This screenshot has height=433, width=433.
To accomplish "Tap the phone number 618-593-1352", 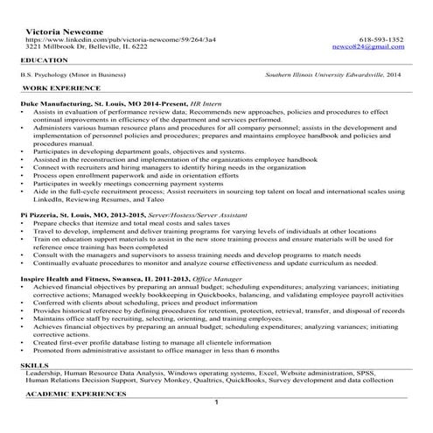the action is point(381,40).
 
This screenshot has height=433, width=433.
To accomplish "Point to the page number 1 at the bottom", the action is point(216,403).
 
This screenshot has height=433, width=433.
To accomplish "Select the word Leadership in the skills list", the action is point(45,373).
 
